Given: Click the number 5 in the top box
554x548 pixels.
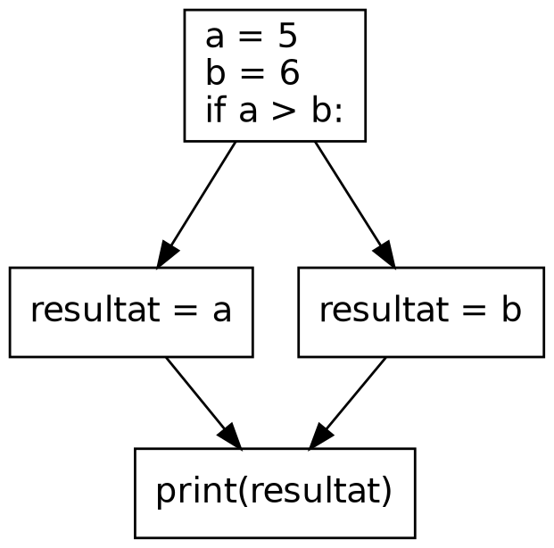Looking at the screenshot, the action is (287, 37).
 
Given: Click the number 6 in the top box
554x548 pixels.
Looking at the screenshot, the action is (287, 74).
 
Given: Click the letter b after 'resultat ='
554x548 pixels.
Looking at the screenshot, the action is (510, 310).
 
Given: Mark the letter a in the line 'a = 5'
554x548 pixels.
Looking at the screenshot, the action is (214, 38).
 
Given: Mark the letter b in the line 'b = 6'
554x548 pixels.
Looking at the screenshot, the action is (214, 74).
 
